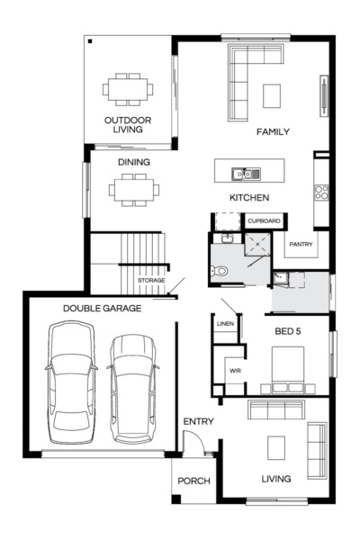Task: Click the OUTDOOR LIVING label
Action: point(127,124)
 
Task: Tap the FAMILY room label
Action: point(273,132)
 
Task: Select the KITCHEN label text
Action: point(249,197)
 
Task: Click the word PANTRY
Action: point(300,244)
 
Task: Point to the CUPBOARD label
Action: point(264,220)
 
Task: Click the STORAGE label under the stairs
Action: point(150,282)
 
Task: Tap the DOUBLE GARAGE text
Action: point(102,309)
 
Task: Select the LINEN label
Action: point(225,323)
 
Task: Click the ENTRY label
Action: point(198,422)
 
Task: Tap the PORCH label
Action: point(193,481)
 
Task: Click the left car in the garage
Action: point(72,382)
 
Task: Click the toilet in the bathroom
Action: point(219,270)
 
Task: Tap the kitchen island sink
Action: point(244,173)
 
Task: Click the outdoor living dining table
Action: point(128,89)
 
